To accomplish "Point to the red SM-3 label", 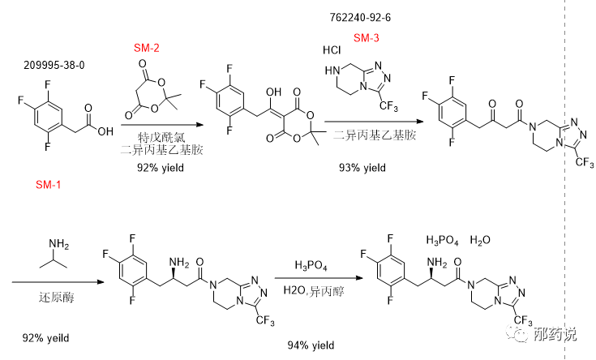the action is [366, 37].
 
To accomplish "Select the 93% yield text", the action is [362, 168].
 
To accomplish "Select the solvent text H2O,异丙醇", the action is [313, 289].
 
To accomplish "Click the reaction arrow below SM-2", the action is [160, 123].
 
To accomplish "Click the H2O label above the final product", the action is [481, 241].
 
